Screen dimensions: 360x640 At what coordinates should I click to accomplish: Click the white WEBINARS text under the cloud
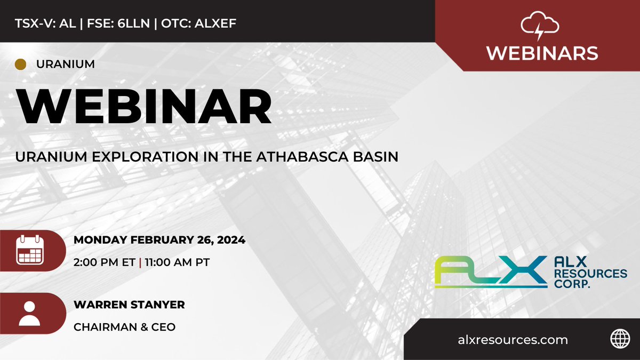click(541, 53)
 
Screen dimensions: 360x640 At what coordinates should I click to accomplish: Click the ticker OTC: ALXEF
click(198, 23)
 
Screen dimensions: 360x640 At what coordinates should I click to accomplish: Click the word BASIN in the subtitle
click(379, 158)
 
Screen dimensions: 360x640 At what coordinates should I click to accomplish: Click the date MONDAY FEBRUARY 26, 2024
click(159, 240)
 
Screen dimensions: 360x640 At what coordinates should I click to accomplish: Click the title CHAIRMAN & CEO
click(124, 326)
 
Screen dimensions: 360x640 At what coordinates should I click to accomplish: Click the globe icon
click(617, 340)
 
